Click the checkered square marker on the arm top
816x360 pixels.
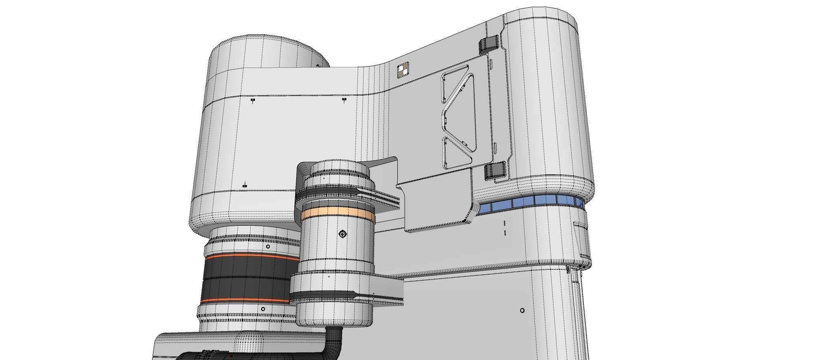pyautogui.click(x=403, y=69)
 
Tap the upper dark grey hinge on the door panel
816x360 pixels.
pyautogui.click(x=489, y=44)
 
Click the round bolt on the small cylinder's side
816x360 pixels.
pyautogui.click(x=342, y=234)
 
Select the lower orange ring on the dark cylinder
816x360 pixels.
pyautogui.click(x=245, y=301)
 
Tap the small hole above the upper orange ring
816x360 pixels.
pyautogui.click(x=268, y=247)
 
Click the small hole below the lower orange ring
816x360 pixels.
pyautogui.click(x=263, y=309)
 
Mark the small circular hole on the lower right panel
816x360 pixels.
pyautogui.click(x=522, y=311)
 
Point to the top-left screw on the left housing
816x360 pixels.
pyautogui.click(x=253, y=100)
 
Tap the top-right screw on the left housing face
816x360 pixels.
pyautogui.click(x=344, y=99)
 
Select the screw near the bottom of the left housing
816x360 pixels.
pyautogui.click(x=244, y=186)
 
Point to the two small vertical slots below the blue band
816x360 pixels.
pyautogui.click(x=505, y=228)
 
